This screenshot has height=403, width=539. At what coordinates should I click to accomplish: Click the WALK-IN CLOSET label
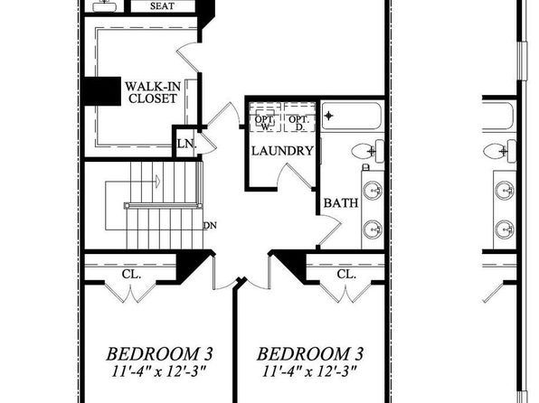pos(152,92)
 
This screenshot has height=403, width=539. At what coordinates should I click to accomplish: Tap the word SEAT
pos(162,5)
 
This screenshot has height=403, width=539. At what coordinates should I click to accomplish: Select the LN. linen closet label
pos(186,144)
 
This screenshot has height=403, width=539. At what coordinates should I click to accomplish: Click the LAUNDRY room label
pos(282,151)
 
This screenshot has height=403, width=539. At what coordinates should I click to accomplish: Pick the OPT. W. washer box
pos(265,117)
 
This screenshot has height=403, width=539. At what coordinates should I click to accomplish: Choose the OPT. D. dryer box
pos(299,117)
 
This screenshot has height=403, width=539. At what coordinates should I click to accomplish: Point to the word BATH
pos(341,202)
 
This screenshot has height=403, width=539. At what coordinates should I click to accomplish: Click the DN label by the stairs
pos(210,226)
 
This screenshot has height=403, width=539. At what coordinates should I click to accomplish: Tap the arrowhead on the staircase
pos(157,181)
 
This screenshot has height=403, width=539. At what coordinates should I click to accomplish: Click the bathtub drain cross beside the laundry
pos(329,116)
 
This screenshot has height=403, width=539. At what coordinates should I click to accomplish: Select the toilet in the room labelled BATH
pos(367,151)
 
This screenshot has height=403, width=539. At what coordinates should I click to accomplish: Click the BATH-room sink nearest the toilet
pos(373,190)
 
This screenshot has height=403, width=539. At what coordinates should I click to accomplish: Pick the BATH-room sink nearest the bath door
pos(373,229)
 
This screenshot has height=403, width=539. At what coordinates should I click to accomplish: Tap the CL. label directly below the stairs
pos(131,274)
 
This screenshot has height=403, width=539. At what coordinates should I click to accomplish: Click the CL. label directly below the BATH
pos(346,274)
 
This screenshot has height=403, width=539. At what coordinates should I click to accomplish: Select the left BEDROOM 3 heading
pos(159,354)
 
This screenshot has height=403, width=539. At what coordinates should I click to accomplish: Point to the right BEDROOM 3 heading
pos(310,354)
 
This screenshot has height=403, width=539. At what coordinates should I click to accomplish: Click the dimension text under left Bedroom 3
pos(159,371)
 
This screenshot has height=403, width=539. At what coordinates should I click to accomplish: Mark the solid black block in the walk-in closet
pos(102,91)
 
